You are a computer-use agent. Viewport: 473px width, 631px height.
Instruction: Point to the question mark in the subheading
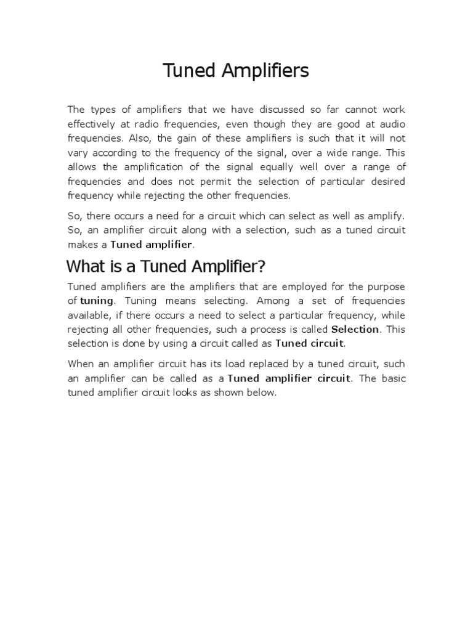coord(261,267)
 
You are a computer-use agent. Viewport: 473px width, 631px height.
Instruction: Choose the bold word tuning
coord(97,301)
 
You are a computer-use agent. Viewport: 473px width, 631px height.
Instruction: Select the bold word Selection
coord(355,329)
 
